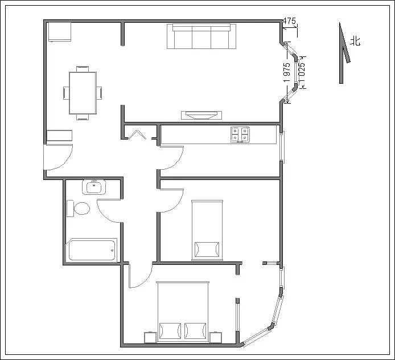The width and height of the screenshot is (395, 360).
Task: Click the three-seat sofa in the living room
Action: pos(201,36)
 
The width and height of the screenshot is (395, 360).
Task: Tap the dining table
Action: pos(83,93)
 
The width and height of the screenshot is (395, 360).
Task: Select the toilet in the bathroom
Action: pos(79,208)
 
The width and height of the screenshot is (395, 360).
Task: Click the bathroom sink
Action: pos(94,187)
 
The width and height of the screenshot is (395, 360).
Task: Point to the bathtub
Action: pos(92,250)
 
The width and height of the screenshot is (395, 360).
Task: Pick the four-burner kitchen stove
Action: pos(240,134)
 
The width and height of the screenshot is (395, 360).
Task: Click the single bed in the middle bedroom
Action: pos(207,230)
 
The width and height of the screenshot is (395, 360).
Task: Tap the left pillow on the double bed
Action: pos(170,331)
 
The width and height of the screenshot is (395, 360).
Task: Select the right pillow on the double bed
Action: pos(195,331)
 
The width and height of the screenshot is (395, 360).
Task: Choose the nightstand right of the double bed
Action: pos(216,337)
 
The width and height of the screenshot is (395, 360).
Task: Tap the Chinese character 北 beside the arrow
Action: pos(356,41)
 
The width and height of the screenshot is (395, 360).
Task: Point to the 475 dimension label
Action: pos(289,21)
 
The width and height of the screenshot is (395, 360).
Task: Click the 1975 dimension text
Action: pos(287,72)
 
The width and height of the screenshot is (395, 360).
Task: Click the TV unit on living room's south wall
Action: pos(201,115)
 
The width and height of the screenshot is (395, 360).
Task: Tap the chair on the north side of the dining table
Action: pos(83,69)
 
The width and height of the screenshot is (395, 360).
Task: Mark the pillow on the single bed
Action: pos(207,249)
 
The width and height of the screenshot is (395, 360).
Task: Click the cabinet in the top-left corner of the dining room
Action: pos(60,32)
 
